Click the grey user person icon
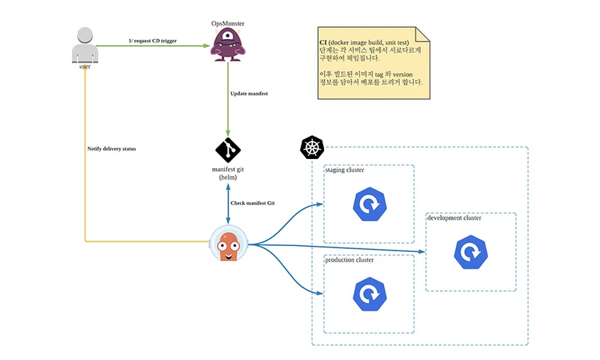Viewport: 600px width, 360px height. pos(85,45)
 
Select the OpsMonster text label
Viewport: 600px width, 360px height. pos(227,23)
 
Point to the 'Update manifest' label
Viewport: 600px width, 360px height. pos(248,93)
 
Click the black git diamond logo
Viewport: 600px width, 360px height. pos(228,150)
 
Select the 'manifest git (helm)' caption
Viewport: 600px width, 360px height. pos(228,174)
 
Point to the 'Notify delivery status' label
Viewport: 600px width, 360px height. pos(112,148)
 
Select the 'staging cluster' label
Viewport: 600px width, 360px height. pos(345,170)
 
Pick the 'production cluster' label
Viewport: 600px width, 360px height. pos(349,259)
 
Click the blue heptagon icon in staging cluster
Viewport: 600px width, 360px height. pos(369,205)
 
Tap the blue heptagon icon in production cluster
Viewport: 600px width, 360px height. pos(369,294)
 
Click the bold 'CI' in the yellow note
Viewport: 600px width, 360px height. pos(323,43)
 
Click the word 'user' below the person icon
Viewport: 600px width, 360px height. pos(85,67)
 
